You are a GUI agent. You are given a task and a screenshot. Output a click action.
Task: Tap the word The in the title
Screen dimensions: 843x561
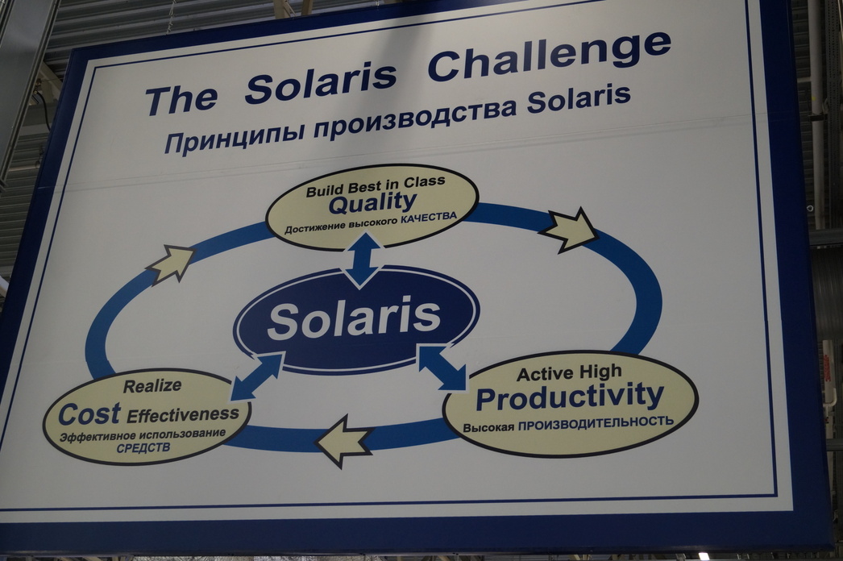click(181, 99)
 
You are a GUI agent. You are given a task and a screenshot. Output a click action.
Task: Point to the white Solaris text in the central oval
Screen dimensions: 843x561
click(355, 318)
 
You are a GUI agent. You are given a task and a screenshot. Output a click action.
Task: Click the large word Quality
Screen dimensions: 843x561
click(372, 203)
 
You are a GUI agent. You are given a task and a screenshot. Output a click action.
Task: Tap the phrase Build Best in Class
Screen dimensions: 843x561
click(376, 186)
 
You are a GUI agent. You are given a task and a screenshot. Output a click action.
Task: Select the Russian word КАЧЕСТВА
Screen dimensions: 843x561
click(429, 218)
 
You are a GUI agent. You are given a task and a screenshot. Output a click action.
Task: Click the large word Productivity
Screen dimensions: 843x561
click(570, 397)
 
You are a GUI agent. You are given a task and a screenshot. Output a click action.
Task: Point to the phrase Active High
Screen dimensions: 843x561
click(569, 372)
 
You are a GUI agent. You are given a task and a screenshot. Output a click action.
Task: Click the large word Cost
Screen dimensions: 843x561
click(89, 414)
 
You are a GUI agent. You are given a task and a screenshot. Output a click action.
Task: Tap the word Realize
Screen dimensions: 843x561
click(152, 385)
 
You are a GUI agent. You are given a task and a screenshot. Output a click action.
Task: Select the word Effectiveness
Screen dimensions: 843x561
click(183, 414)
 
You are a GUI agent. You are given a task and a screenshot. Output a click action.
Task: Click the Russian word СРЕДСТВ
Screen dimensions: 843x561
click(143, 447)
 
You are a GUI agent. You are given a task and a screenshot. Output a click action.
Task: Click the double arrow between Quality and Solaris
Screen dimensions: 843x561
click(363, 261)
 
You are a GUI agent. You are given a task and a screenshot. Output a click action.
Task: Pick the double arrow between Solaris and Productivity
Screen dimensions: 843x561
click(442, 368)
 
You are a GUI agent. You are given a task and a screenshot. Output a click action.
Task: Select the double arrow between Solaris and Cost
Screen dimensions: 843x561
click(257, 376)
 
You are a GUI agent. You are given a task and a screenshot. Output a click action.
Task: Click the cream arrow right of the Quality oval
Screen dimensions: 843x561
click(569, 230)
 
